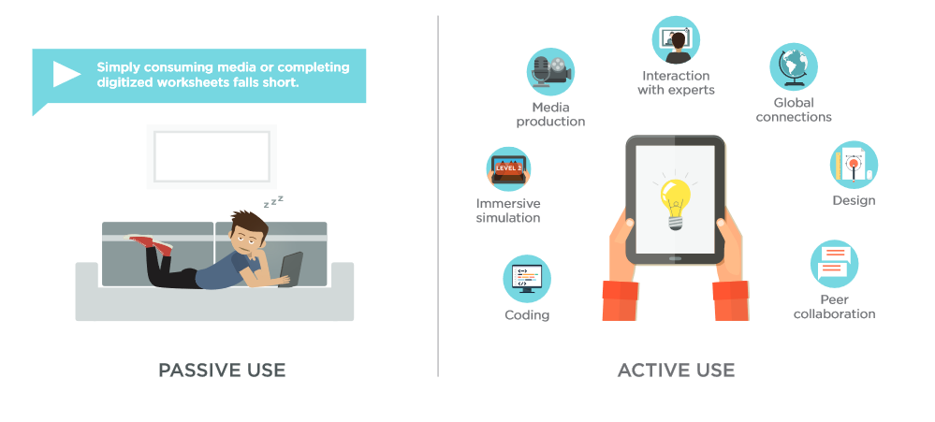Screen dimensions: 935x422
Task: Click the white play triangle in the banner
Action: click(65, 75)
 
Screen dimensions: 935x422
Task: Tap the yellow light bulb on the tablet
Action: click(675, 204)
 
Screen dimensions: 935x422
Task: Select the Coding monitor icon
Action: click(527, 279)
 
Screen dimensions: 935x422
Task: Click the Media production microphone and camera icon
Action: click(550, 72)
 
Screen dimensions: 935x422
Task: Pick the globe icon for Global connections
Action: click(793, 66)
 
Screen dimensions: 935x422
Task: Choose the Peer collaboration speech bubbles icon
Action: click(834, 264)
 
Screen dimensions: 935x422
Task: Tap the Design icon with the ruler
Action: click(854, 165)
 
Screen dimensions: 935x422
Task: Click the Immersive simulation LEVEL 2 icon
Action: click(508, 169)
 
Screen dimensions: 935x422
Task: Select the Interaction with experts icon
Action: click(676, 40)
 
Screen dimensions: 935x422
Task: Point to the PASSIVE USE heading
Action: click(222, 371)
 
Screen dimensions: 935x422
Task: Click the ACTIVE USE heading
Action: click(676, 371)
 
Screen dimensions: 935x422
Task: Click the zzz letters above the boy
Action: click(273, 201)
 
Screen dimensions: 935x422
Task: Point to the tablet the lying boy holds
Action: click(290, 269)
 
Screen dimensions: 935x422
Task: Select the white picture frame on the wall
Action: click(212, 156)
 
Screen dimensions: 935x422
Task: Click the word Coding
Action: click(527, 315)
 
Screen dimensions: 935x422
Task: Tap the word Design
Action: click(854, 200)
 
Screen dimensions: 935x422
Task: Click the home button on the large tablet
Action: click(675, 258)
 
